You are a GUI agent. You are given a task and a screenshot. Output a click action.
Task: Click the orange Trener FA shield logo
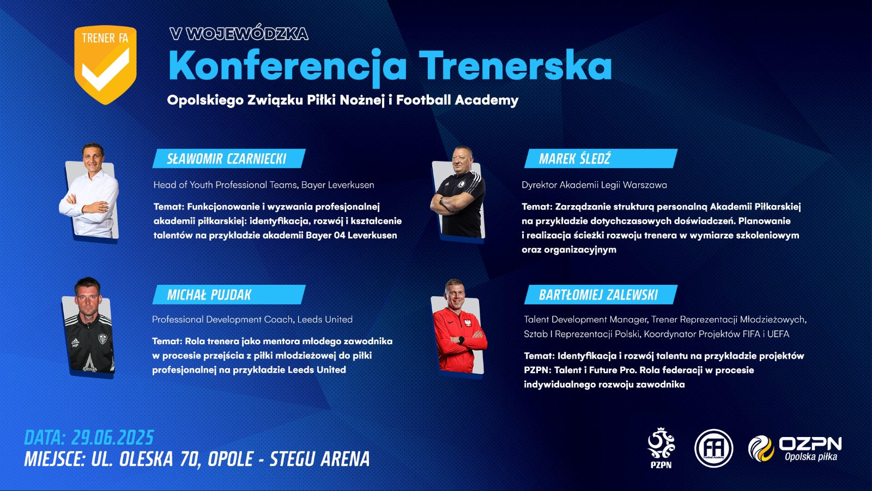coord(106,65)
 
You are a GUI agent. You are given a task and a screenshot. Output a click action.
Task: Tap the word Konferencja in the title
coord(288,65)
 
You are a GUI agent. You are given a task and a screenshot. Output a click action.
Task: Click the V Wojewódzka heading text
coord(239,34)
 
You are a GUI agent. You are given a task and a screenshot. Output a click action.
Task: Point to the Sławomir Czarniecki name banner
coord(229,159)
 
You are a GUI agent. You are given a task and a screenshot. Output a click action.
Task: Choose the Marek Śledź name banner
coord(601,159)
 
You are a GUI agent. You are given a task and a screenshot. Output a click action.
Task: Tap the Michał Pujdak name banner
coord(229,295)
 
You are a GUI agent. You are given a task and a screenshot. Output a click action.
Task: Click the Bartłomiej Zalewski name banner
coord(601,295)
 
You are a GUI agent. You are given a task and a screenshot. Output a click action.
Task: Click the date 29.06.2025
coord(112,438)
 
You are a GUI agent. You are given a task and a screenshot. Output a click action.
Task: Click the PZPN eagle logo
coord(661,448)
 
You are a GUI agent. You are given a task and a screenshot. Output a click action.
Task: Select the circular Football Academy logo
coord(713,448)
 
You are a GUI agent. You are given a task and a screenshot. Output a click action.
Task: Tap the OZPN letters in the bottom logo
coord(810,444)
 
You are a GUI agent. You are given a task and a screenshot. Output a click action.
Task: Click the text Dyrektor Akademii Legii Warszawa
coord(594,185)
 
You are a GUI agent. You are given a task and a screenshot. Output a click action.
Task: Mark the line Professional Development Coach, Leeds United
coord(252,319)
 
